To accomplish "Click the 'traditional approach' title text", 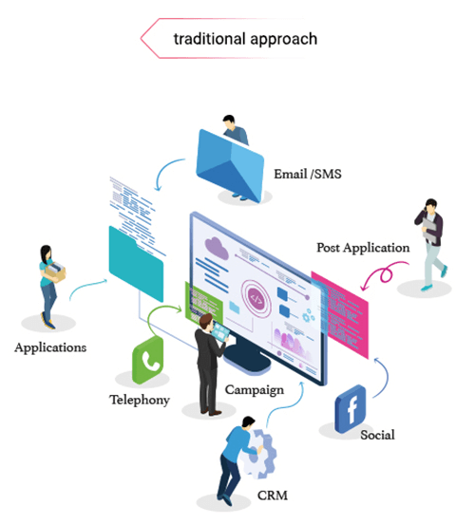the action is tap(245, 39).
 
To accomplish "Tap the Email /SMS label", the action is tap(308, 174).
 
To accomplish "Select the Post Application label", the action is tap(363, 249).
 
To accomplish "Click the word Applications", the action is tap(50, 347).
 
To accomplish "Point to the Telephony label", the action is tap(140, 400).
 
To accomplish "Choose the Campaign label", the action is tap(255, 390).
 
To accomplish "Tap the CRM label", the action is tap(273, 496).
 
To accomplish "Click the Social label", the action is tap(378, 435).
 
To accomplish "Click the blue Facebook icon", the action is tap(351, 409).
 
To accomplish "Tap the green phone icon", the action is tap(148, 361).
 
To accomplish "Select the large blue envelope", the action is tap(230, 166).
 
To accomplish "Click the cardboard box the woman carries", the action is tap(55, 271).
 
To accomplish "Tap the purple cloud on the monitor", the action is tap(217, 248).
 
